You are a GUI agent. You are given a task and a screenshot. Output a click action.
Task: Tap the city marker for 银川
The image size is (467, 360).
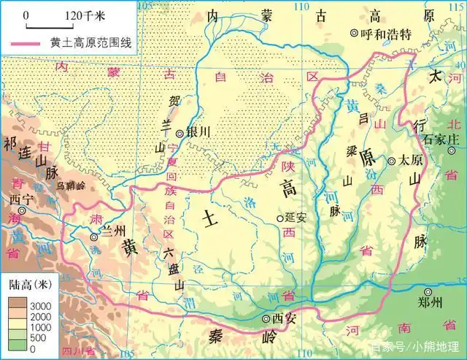[x=180, y=133]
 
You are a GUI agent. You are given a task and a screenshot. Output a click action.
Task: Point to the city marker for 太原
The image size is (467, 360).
[x=391, y=161]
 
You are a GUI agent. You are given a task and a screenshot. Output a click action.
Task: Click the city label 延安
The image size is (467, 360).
[x=298, y=218]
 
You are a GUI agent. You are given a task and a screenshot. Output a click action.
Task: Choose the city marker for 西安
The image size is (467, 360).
[x=266, y=318]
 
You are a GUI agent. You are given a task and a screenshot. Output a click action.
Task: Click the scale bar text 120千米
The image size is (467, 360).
[x=84, y=15]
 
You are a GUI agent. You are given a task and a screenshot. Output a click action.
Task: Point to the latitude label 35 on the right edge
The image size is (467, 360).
[x=459, y=280]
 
